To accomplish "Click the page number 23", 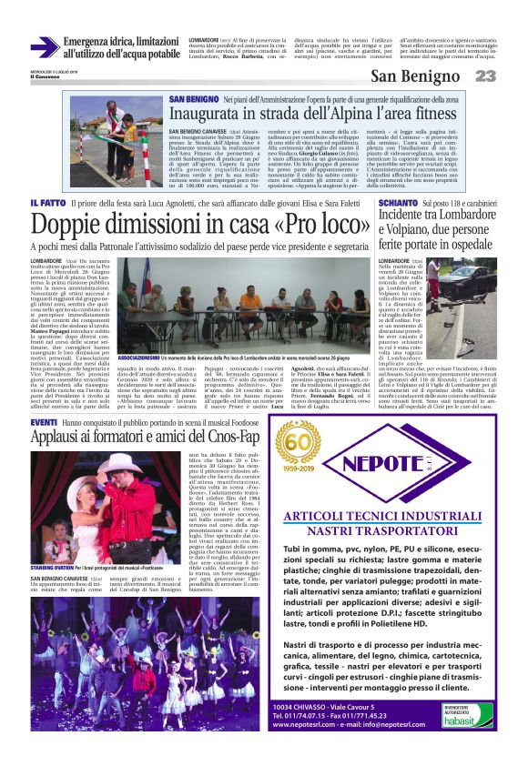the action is coord(485,77).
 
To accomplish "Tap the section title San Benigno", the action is coord(415,77).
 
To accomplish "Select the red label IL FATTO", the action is coord(46,202).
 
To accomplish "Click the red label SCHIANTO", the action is coord(398,202).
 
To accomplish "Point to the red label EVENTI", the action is coord(44,424).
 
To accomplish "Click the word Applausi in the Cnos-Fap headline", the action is coord(61,439).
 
